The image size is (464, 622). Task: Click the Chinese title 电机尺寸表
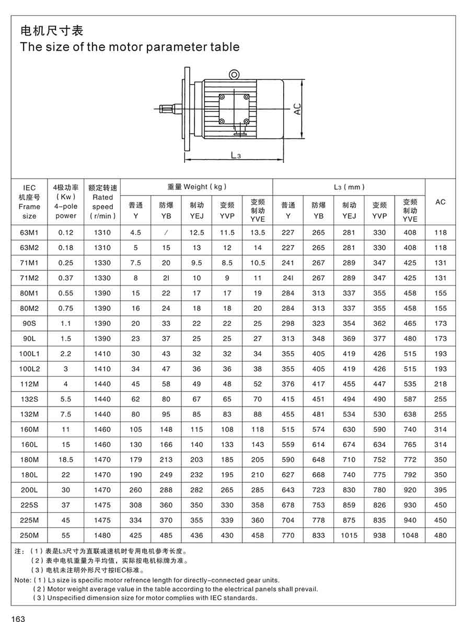pyautogui.click(x=51, y=30)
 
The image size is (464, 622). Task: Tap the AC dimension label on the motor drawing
pyautogui.click(x=297, y=109)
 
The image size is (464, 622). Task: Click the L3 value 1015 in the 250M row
pyautogui.click(x=349, y=535)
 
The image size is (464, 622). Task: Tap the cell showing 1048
pyautogui.click(x=410, y=535)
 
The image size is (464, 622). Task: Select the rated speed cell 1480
pyautogui.click(x=102, y=535)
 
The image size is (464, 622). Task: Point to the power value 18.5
pyautogui.click(x=66, y=460)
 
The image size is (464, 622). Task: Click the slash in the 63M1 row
pyautogui.click(x=166, y=232)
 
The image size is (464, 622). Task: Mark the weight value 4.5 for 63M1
pyautogui.click(x=136, y=232)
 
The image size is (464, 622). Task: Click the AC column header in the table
pyautogui.click(x=440, y=202)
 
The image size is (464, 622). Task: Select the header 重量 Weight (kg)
pyautogui.click(x=197, y=187)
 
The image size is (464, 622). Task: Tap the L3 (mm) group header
pyautogui.click(x=349, y=187)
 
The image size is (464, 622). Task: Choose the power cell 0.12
pyautogui.click(x=66, y=232)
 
